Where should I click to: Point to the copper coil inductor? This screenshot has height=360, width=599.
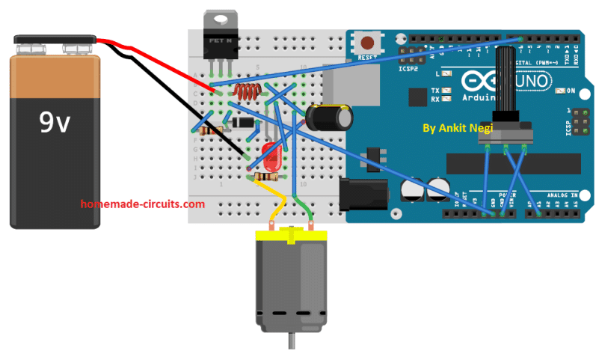(246, 93)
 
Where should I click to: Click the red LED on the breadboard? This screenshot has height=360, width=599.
(271, 158)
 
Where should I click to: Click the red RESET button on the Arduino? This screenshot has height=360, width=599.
(368, 42)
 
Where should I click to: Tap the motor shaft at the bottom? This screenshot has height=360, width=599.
(290, 344)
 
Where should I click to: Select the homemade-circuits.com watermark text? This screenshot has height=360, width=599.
(142, 204)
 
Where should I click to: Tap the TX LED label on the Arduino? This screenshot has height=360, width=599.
(435, 91)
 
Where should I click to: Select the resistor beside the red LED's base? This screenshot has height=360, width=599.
(265, 177)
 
